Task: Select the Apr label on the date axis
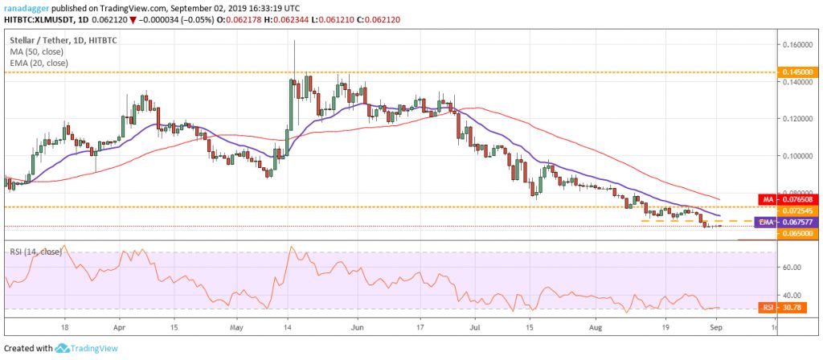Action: tap(119, 329)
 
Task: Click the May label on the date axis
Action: tap(236, 329)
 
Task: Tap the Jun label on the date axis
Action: tap(358, 329)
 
